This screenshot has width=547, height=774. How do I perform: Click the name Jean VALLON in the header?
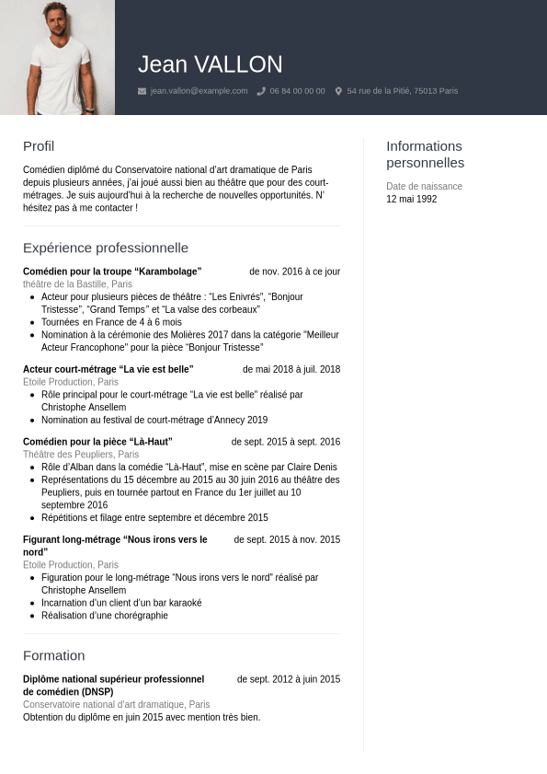tap(210, 64)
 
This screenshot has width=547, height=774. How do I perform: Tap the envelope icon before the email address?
tap(142, 91)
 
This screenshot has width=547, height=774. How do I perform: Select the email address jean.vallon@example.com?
tap(199, 91)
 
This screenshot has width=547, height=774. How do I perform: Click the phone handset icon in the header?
tap(261, 91)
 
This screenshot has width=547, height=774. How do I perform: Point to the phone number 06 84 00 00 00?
tap(297, 91)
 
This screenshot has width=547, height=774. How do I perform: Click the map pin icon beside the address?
tap(338, 91)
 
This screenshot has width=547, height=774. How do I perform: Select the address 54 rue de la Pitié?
tap(402, 91)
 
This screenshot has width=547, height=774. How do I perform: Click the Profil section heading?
tap(39, 146)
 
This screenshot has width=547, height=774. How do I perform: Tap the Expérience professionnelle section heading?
tap(106, 248)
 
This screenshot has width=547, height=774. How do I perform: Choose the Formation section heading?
tap(53, 655)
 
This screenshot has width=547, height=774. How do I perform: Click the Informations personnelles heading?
tap(425, 155)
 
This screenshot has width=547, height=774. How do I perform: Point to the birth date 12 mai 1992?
tap(411, 199)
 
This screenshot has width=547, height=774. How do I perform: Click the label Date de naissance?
tap(424, 186)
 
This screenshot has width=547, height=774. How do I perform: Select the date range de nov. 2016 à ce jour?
tap(294, 271)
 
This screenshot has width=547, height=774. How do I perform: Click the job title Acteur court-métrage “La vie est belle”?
tap(108, 369)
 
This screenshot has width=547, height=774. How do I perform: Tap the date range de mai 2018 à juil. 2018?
tap(291, 369)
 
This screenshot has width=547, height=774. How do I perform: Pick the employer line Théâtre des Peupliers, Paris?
tap(81, 455)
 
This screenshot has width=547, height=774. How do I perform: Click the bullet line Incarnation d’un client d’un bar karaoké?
tap(121, 603)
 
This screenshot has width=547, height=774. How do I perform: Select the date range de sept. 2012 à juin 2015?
tap(288, 679)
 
